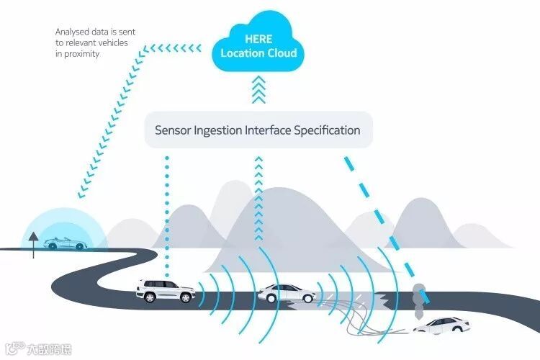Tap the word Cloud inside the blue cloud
[281, 53]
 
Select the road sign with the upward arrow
[32, 240]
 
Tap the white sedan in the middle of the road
[287, 293]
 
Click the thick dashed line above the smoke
[382, 216]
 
